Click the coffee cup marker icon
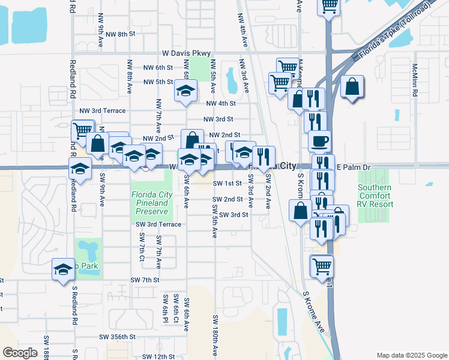click(x=319, y=141)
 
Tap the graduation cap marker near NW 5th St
click(x=185, y=91)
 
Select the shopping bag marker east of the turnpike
click(x=352, y=86)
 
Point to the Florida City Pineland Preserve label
click(x=152, y=203)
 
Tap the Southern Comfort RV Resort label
click(x=375, y=196)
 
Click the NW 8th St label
click(x=115, y=34)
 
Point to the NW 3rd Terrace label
click(x=103, y=111)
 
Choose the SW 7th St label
click(x=145, y=280)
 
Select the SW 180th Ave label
click(x=214, y=337)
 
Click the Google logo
click(x=20, y=352)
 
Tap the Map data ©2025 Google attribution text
click(x=411, y=355)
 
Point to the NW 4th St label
click(x=219, y=103)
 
